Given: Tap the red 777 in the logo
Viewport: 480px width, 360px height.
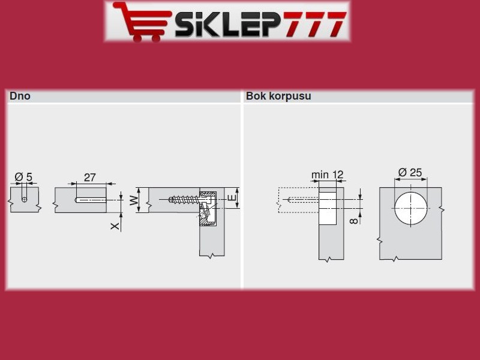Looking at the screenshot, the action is click(313, 24).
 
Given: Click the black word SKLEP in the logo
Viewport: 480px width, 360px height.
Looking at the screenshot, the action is click(227, 24).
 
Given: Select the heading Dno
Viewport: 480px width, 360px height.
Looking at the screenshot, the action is click(20, 96).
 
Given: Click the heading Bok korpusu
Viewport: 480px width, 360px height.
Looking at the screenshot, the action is click(278, 96).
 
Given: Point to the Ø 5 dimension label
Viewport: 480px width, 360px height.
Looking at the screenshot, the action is click(23, 177).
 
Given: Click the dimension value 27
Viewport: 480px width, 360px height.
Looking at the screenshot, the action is click(89, 178).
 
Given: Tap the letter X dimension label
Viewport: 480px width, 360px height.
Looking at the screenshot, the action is click(115, 226).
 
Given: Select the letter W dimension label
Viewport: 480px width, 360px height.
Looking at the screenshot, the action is click(133, 200).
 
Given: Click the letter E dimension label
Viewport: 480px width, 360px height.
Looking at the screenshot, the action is click(233, 197).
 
